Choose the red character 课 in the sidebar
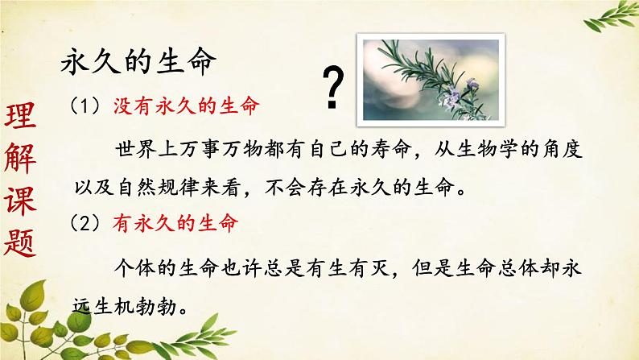22,201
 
